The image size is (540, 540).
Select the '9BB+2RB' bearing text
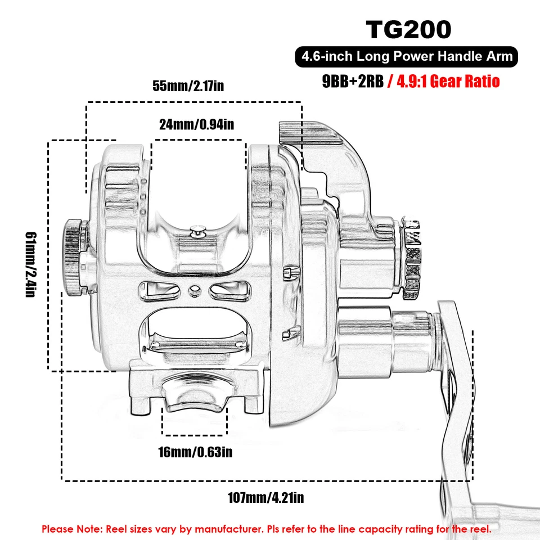353,82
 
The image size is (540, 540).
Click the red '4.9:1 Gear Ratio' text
447,82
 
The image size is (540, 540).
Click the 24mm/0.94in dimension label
196,125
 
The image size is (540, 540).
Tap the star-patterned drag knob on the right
412,256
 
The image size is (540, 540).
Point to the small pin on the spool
197,228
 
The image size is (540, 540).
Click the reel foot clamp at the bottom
196,391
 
